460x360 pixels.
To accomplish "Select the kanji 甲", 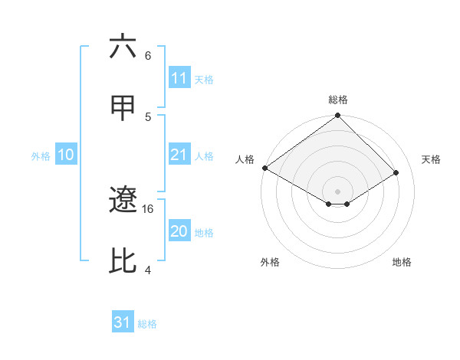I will pos(123,108).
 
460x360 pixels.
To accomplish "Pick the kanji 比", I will pos(123,261).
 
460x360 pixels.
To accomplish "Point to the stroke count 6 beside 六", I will pos(148,55).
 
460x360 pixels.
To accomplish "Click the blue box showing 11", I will pos(179,78).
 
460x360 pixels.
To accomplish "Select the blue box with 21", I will pos(179,155).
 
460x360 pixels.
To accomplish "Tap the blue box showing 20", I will pos(179,231).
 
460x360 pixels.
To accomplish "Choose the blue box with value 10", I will pos(66,155).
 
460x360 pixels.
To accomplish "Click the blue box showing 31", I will pos(123,323).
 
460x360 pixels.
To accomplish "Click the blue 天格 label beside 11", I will pos(204,80).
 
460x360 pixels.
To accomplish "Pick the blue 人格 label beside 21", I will pos(204,156).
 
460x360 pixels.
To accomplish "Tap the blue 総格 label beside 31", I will pos(147,325).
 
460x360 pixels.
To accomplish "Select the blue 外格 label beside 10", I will pos(41,156).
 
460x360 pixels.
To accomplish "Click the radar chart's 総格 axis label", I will pos(338,100).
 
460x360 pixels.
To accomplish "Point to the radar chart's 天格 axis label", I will pos(432,159).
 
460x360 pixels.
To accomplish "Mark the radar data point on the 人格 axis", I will pos(264,168).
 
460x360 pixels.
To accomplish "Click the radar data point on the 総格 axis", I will pos(338,116).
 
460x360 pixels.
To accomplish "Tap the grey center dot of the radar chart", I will pos(338,191).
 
